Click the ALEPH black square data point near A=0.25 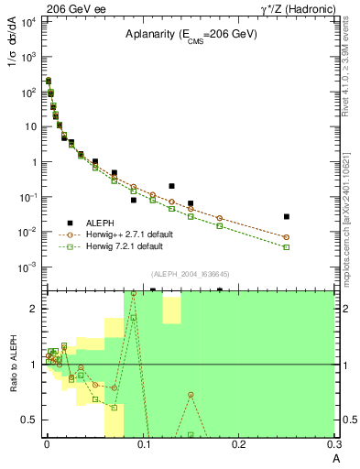[287, 217]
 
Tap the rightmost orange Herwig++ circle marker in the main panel [287, 237]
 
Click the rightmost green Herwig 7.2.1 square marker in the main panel [287, 247]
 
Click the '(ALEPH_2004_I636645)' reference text [191, 275]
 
